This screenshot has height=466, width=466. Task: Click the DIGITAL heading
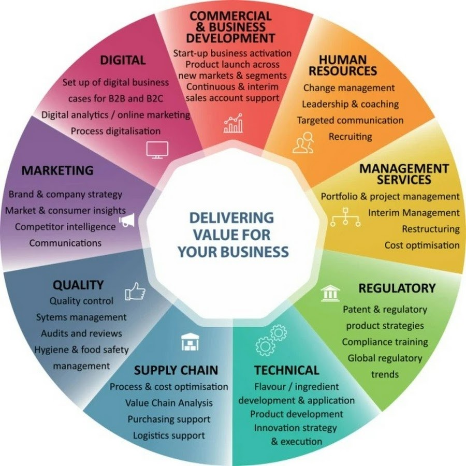[x=123, y=60]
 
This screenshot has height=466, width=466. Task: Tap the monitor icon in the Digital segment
[x=157, y=150]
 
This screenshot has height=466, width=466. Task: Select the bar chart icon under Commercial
[x=234, y=123]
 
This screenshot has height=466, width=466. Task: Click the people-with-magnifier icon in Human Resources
[x=303, y=142]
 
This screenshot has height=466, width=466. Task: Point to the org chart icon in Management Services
[x=345, y=217]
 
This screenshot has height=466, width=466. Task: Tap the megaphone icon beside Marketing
[x=127, y=220]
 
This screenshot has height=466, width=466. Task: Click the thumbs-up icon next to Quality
[x=135, y=291]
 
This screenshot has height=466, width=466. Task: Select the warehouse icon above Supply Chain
[x=190, y=342]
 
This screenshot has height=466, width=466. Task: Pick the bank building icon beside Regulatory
[x=330, y=293]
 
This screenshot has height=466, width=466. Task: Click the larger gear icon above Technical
[x=265, y=346]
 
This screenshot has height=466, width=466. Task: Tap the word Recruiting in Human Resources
[x=350, y=136]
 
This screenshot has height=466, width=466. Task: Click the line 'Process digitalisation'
[x=115, y=131]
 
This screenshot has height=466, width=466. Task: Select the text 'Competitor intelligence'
[x=65, y=227]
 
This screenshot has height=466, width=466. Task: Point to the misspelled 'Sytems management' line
[x=81, y=317]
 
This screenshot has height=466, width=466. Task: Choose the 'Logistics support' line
[x=169, y=435]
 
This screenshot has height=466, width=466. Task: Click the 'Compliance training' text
[x=385, y=342]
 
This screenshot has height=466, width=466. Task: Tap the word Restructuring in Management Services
[x=431, y=229]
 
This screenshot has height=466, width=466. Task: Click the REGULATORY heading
[x=397, y=288]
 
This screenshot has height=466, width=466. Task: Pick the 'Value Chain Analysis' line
[x=169, y=403]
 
